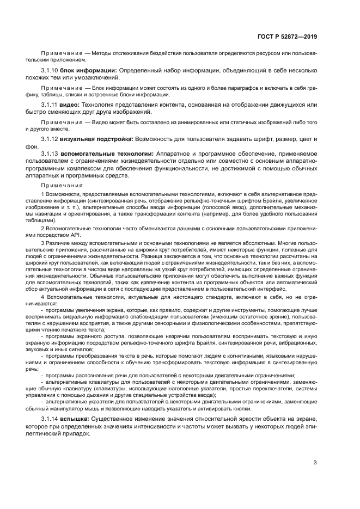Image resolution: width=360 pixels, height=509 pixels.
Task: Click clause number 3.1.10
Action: coord(50,70)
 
